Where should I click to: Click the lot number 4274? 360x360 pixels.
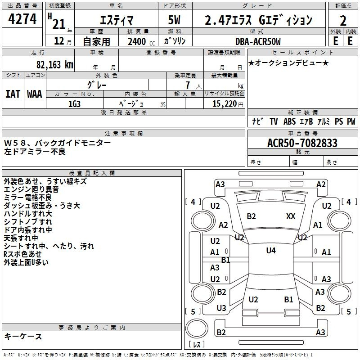(x=22, y=19)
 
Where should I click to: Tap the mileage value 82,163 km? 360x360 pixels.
(x=54, y=65)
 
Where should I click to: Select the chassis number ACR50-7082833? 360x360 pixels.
(x=302, y=143)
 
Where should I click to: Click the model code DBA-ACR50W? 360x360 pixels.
(x=258, y=41)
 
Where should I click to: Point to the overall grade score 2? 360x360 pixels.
(x=343, y=21)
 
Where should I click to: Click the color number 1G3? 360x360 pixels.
(x=74, y=104)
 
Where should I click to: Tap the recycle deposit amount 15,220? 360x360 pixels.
(x=224, y=104)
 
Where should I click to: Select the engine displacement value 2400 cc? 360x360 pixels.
(x=141, y=41)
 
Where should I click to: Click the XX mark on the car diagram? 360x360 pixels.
(x=291, y=216)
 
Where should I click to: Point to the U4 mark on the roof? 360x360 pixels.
(x=271, y=251)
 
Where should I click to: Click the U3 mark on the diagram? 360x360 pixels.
(x=221, y=308)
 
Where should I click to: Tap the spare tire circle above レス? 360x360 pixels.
(x=197, y=328)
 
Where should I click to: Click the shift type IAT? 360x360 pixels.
(x=13, y=94)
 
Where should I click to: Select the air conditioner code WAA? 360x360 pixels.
(x=35, y=94)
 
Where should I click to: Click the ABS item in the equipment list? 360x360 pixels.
(x=289, y=121)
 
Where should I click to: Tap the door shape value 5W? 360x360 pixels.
(x=174, y=20)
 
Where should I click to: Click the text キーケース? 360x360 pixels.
(x=23, y=337)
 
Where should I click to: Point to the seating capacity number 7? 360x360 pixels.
(x=188, y=85)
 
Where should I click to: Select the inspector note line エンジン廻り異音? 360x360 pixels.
(x=31, y=189)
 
